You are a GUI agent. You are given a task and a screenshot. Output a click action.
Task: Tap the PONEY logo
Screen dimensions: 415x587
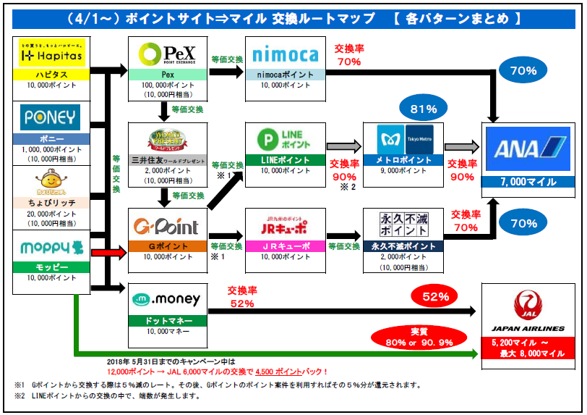(51, 117)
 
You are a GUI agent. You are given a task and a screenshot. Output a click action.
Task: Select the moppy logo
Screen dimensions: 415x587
(51, 247)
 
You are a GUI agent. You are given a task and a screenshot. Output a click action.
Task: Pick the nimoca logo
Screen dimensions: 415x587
(285, 55)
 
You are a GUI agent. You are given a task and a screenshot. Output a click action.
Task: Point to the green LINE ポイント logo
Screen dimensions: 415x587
(285, 140)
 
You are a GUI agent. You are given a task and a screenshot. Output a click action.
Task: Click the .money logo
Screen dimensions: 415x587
(167, 298)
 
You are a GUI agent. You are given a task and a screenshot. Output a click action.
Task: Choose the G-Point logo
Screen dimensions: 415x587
(167, 227)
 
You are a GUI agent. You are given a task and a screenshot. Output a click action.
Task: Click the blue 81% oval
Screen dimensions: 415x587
(423, 109)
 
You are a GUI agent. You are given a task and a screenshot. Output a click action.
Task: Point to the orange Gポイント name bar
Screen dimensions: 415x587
(167, 246)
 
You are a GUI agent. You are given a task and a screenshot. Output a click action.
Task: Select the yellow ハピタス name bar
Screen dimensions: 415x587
(51, 75)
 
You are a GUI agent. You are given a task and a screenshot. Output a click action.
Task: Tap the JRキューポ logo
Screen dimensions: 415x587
(285, 227)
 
